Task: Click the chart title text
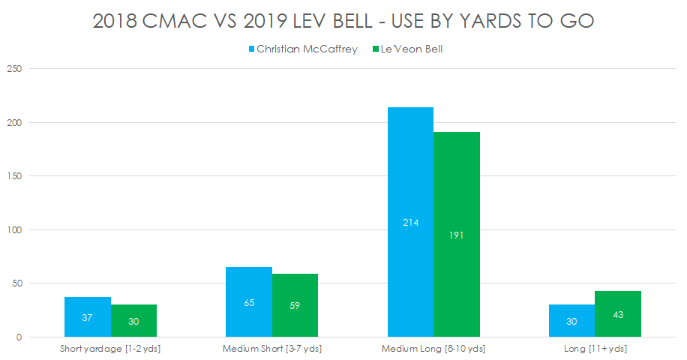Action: pos(343,21)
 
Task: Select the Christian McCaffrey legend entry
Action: pos(302,49)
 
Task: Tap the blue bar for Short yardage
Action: pos(87,317)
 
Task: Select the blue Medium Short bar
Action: pos(249,302)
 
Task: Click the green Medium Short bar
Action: pos(295,305)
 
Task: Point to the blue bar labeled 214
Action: pos(410,222)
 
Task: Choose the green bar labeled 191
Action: pos(456,235)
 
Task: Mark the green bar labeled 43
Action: pos(618,314)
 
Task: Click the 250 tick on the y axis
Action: pos(15,69)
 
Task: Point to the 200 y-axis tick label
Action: pos(15,123)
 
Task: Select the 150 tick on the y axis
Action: pos(15,176)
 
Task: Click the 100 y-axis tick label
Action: pos(15,230)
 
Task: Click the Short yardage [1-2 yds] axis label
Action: pos(110,349)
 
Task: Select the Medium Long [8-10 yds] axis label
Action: pos(433,349)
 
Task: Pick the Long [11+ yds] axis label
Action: pos(595,349)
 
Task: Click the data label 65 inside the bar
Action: pos(249,304)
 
